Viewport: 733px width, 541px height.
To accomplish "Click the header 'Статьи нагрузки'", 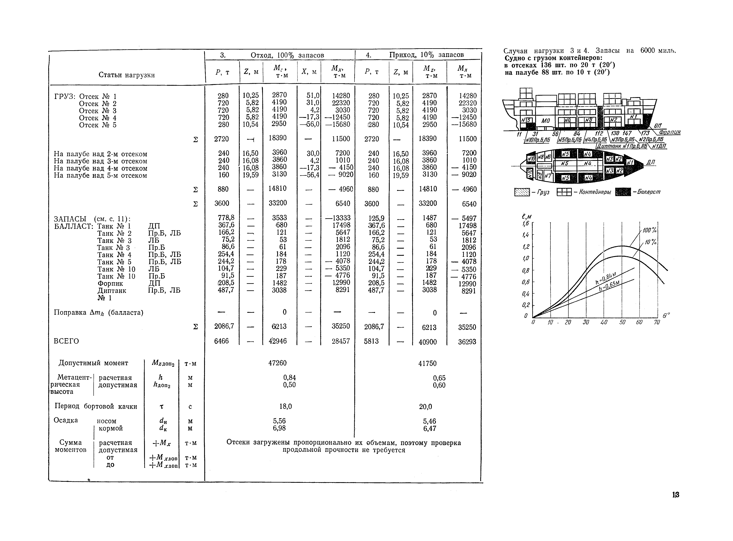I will (127, 75).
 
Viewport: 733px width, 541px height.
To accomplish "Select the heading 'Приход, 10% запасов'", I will (426, 55).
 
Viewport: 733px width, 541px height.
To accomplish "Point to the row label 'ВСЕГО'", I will (66, 341).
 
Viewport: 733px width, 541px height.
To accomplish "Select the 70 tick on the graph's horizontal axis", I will (656, 322).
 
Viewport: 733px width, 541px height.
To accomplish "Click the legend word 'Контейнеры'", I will (595, 192).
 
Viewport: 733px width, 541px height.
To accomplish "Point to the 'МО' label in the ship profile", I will (546, 121).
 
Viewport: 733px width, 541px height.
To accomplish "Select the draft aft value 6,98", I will (279, 428).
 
